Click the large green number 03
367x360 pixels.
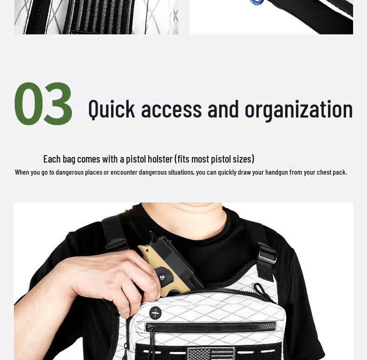tap(44, 104)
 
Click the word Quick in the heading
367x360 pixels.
tap(111, 109)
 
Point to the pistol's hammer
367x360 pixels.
tap(151, 235)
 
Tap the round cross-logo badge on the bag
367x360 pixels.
tap(156, 312)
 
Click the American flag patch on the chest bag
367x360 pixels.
tap(210, 353)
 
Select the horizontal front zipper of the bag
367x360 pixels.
tap(210, 327)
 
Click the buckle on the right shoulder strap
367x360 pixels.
tap(266, 254)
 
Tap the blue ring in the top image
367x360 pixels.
tap(257, 2)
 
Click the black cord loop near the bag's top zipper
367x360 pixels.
tap(262, 291)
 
